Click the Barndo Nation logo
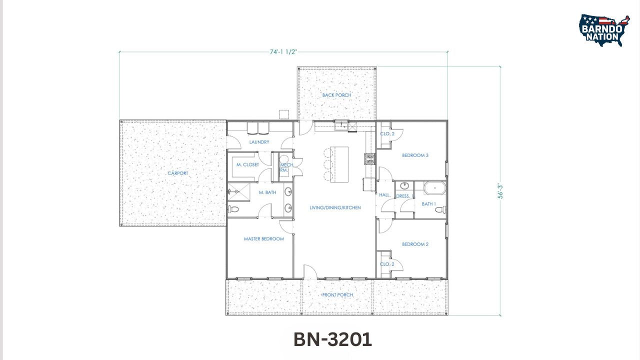[604, 30]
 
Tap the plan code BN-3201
[332, 339]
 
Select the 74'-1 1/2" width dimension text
[283, 51]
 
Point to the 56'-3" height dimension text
[500, 191]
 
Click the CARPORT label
[178, 173]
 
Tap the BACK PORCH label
[336, 95]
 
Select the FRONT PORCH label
[337, 295]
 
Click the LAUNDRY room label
[259, 142]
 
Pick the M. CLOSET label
[247, 164]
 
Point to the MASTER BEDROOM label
[263, 239]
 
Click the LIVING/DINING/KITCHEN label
[335, 207]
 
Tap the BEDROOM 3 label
[415, 155]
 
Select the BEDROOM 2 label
[415, 244]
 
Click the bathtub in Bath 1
[434, 188]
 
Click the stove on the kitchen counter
[370, 159]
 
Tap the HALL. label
[384, 195]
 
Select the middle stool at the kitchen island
[327, 164]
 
